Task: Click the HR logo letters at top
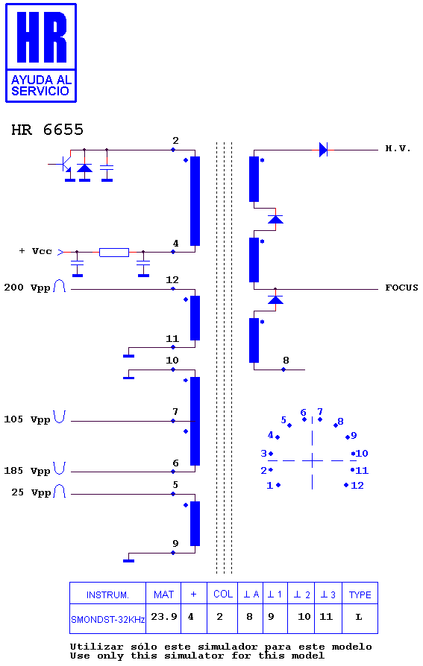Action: coord(42,37)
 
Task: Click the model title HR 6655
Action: coord(47,130)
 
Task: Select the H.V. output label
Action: coord(398,149)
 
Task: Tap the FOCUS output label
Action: coord(401,288)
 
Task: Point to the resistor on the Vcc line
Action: coord(114,253)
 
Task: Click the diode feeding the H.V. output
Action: coord(324,150)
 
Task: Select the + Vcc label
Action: coord(35,251)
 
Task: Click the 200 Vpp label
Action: coord(28,288)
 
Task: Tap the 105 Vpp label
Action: coord(28,419)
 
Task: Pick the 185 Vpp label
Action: coord(28,471)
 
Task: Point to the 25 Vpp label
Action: coord(31,492)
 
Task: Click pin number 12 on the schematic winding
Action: coord(172,280)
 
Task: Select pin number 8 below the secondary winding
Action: coord(286,360)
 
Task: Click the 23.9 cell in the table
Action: coord(164,616)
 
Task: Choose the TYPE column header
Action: coord(360,594)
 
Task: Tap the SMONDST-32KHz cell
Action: coord(107,620)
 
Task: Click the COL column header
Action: coord(223,594)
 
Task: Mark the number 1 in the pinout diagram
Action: coord(269,486)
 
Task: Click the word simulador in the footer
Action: coord(228,647)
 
